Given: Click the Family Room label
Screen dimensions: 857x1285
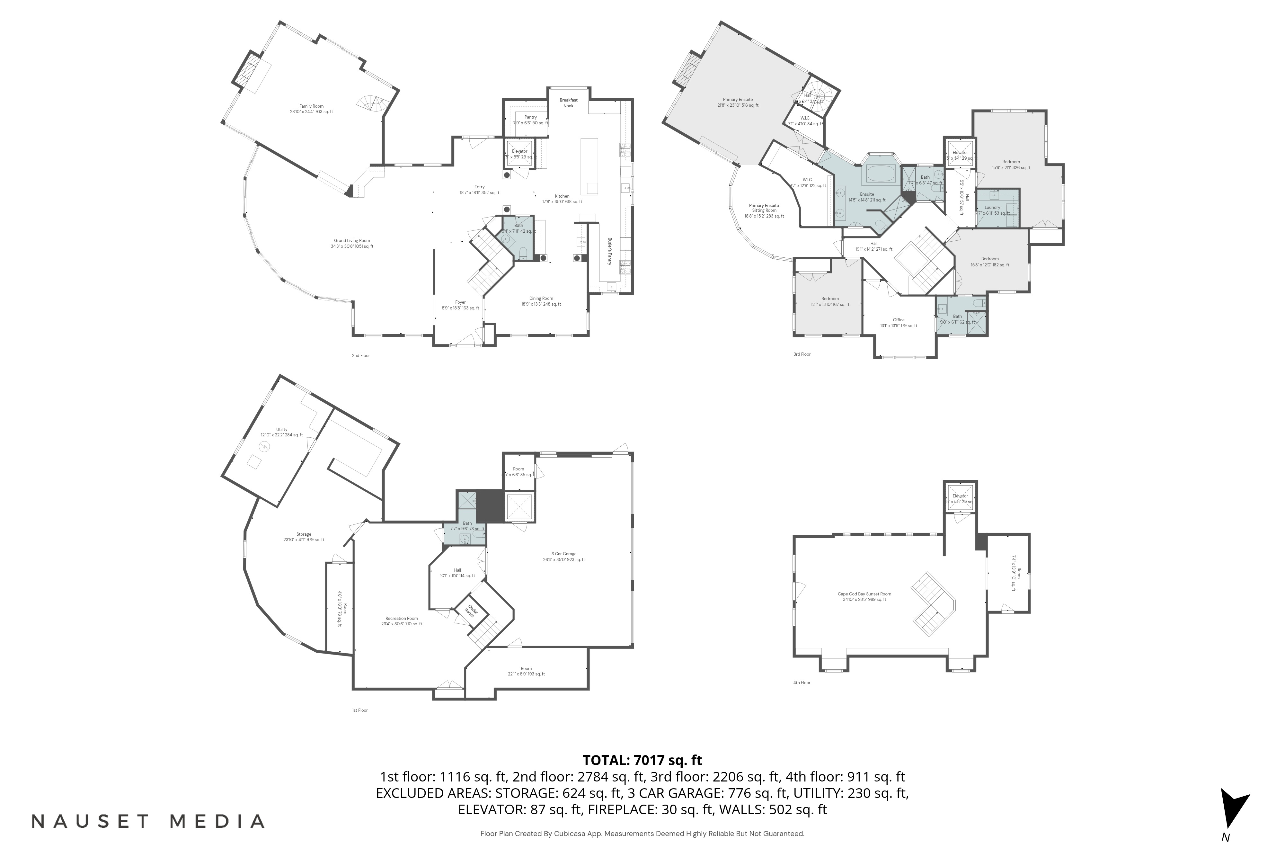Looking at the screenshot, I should pyautogui.click(x=311, y=109).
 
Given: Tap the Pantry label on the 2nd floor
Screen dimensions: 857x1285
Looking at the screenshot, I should pyautogui.click(x=530, y=120).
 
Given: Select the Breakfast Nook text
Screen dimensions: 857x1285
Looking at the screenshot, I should pyautogui.click(x=568, y=103).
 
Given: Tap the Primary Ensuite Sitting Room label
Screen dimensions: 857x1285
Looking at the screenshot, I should pyautogui.click(x=764, y=210).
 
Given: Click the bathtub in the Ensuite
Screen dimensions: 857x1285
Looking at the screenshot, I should pyautogui.click(x=881, y=174).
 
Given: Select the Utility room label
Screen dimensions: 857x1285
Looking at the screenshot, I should pyautogui.click(x=281, y=432).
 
